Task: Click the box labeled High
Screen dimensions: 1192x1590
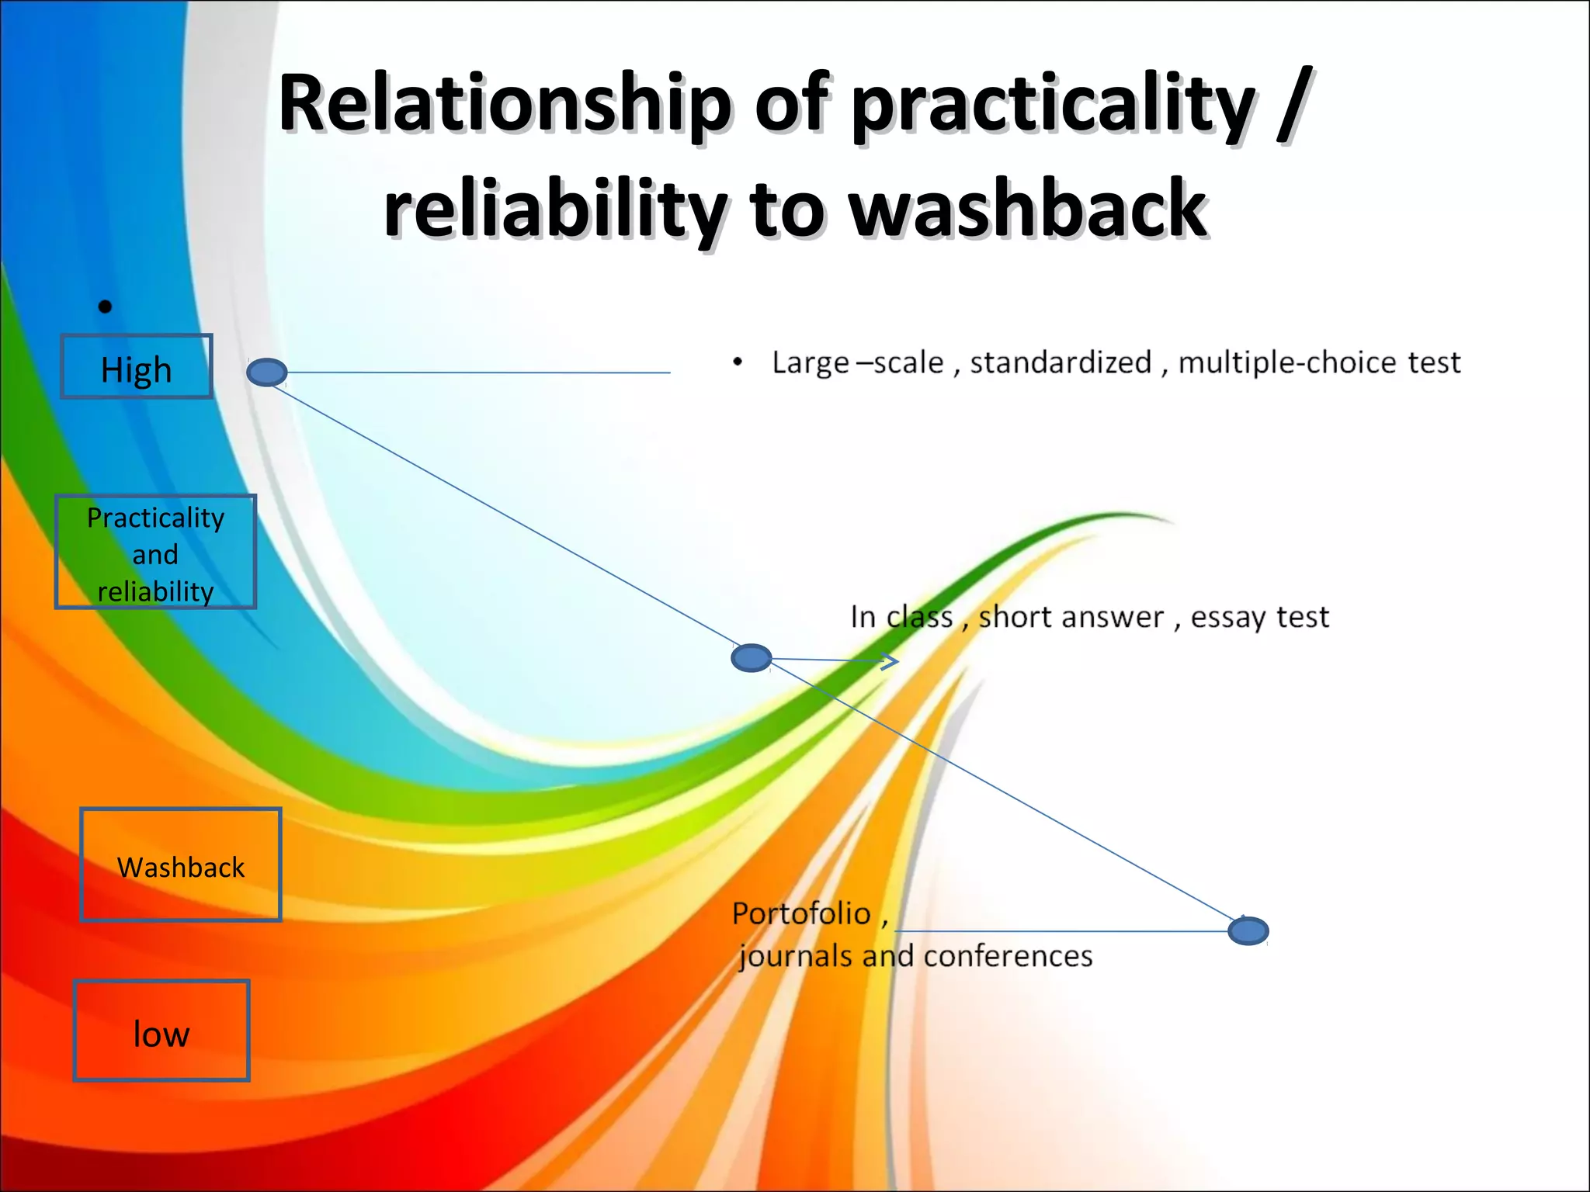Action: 137,367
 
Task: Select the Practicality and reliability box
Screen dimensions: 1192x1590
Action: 155,553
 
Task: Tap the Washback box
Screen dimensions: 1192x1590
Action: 180,865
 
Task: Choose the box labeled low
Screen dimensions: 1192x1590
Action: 161,1031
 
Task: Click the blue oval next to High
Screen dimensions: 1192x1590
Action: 267,372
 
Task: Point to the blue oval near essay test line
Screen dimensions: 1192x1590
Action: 752,658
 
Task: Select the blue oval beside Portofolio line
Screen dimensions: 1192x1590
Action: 1248,930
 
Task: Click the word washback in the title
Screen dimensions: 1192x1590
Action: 1028,208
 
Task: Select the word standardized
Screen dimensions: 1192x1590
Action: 1061,362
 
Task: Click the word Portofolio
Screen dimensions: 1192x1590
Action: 801,914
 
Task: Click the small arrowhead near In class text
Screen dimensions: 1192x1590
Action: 891,661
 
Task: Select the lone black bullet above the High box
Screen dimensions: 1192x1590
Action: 106,307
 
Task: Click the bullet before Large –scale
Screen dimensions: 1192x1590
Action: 738,362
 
